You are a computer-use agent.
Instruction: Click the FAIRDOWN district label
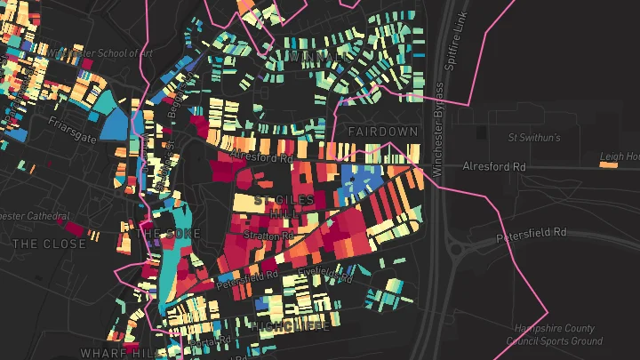pos(382,132)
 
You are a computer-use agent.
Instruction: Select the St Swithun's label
pos(533,138)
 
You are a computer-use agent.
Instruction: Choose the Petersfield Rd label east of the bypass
pos(531,233)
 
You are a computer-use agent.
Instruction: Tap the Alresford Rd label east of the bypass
pos(494,167)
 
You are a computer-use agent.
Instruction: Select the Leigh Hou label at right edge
pos(620,157)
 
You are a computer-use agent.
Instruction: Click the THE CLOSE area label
pos(50,244)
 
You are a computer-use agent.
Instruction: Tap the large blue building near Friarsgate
pos(115,124)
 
